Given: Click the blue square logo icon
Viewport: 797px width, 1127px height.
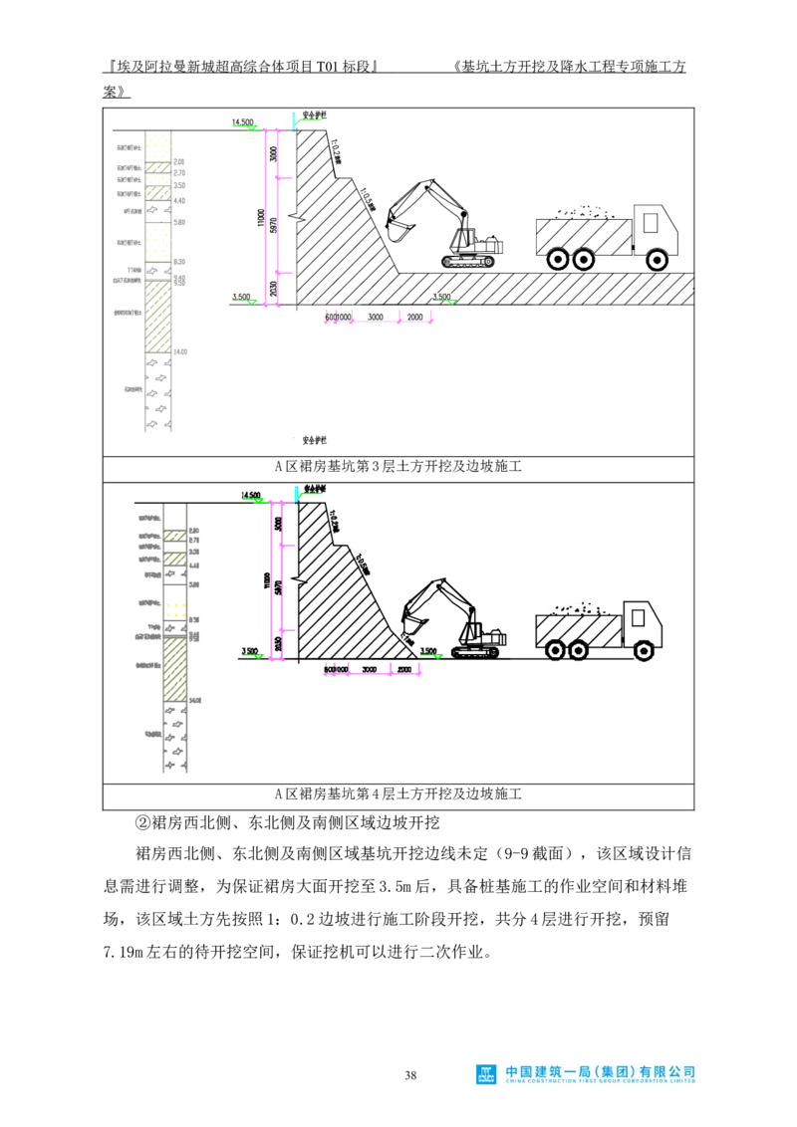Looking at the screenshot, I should click(486, 1074).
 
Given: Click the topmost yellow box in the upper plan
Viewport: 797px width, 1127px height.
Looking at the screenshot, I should click(158, 148).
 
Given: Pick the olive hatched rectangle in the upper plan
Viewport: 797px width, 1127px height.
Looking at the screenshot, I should click(158, 316).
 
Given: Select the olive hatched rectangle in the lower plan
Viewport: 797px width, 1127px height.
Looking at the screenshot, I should click(175, 668).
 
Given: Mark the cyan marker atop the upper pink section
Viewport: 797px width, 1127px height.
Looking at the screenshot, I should click(294, 120).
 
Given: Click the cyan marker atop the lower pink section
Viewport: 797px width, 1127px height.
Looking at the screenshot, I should click(296, 493).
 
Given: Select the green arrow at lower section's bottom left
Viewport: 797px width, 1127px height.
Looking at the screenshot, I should click(253, 655).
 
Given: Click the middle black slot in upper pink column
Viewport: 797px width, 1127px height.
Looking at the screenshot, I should click(272, 225).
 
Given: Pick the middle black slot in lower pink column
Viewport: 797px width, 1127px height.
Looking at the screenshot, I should click(277, 587).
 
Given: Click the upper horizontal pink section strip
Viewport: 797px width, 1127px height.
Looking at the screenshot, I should click(379, 321).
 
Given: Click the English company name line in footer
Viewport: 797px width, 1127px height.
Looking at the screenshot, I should click(600, 1081).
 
